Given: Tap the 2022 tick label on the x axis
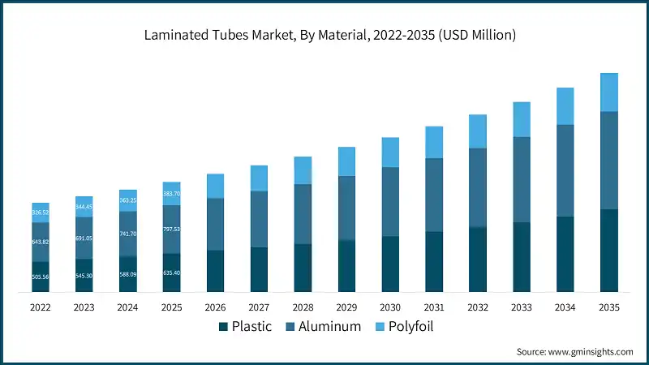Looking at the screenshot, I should pos(41,307).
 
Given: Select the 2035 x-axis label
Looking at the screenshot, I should pos(608,307).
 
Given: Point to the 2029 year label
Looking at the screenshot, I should pos(346,307).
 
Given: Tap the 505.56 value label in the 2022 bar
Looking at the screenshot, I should pos(41,277).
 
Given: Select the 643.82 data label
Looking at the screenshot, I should pos(41,242).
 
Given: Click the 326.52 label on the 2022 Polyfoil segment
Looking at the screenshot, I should pos(41,213).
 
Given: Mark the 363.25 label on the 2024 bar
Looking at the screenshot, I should pos(128,200).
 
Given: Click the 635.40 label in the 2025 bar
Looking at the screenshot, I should pos(171,273).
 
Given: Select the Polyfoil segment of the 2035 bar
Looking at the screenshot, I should pos(608,92).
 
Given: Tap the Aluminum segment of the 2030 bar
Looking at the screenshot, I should pos(390,201).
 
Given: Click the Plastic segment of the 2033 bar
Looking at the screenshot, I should pos(521,256).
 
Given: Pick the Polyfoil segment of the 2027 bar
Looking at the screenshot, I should pos(259,178).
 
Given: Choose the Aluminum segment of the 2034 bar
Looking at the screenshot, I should pos(565,170).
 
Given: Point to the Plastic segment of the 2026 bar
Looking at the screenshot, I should pos(215,271).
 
